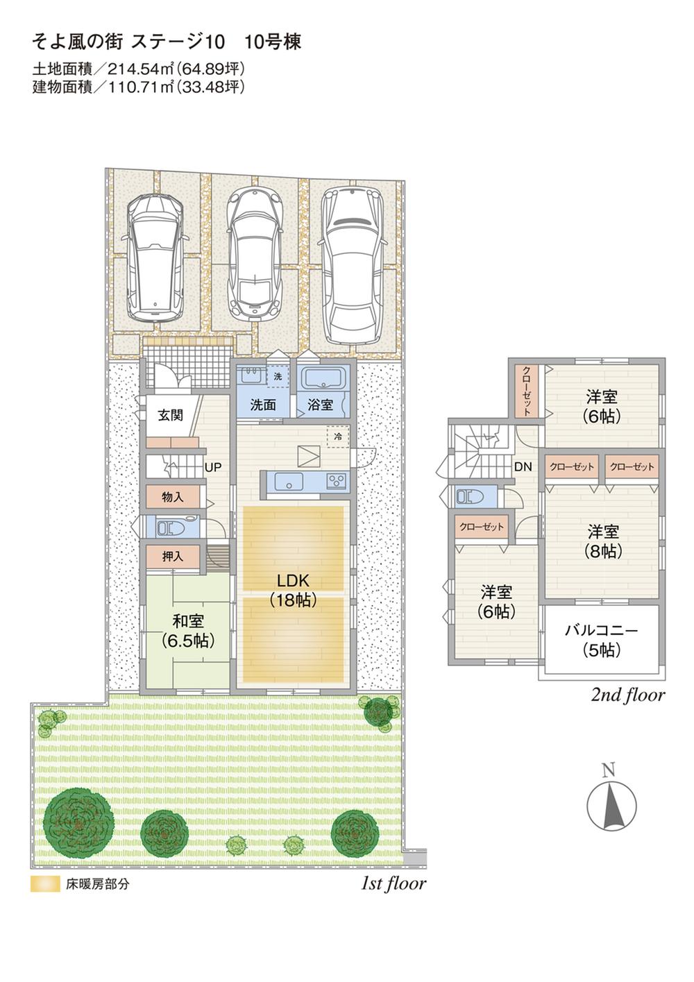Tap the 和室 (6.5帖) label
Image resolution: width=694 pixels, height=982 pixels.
pos(187,630)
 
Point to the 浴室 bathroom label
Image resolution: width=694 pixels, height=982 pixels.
pos(320,405)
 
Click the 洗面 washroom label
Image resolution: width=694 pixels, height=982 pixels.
pos(263,405)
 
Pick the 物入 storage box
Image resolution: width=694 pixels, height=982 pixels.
pos(173,497)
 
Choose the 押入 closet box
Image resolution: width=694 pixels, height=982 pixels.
pos(173,556)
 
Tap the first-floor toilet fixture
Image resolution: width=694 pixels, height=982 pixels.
pos(169,527)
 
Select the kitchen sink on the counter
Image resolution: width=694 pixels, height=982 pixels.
pos(286,481)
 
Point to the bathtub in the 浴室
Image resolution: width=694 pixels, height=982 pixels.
pos(324,380)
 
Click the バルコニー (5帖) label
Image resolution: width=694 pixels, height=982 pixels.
pos(601,640)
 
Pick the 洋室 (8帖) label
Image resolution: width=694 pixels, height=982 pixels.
pos(603,541)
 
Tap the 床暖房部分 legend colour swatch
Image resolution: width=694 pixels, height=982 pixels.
pos(45,885)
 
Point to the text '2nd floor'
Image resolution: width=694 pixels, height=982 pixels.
pos(627,695)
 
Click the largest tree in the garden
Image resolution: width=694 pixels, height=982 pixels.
pos(78,822)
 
